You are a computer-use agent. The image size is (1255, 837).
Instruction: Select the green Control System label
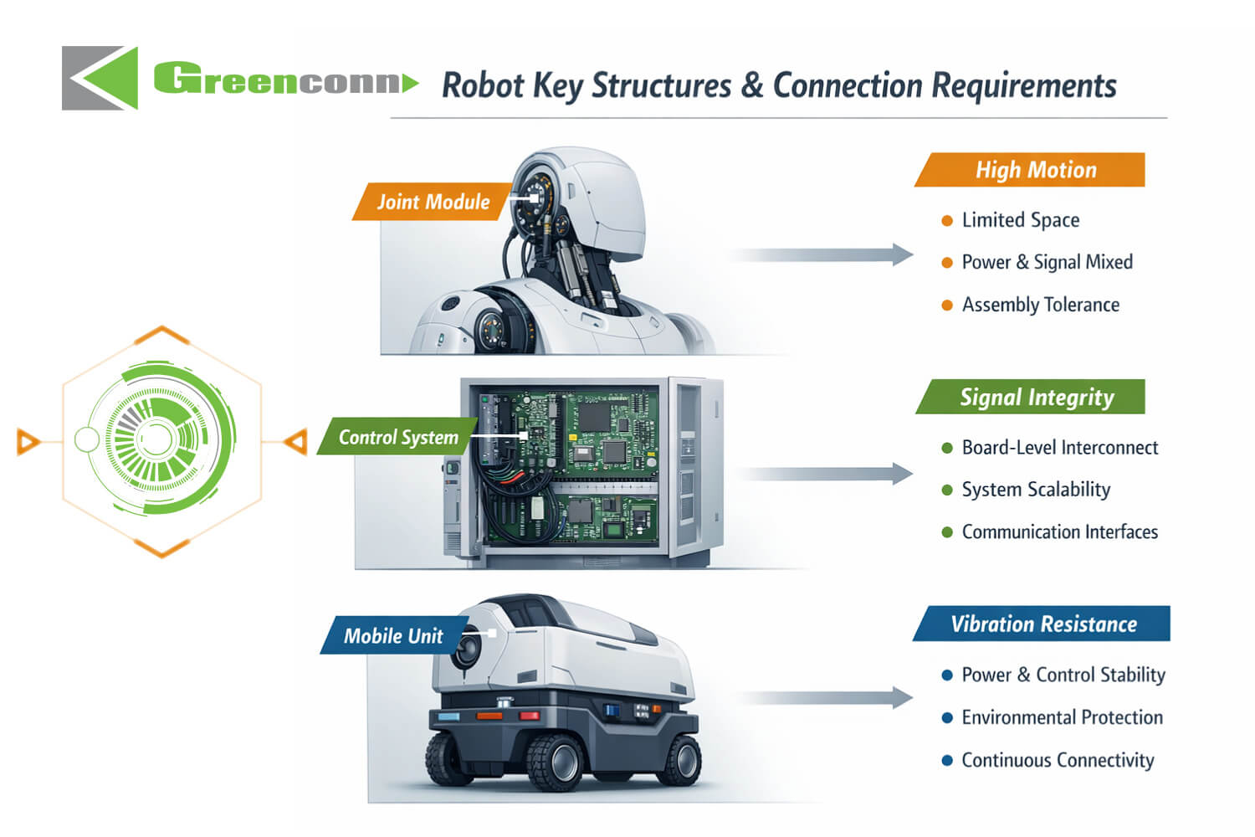click(397, 437)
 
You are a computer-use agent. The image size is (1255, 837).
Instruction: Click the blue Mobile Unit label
click(392, 636)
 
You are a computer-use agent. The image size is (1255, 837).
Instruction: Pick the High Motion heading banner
click(1034, 170)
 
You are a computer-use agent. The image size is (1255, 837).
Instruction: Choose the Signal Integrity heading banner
click(1036, 397)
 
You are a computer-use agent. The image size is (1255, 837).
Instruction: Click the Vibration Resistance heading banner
click(1042, 624)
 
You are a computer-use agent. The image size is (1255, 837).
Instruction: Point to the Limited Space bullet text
click(1020, 220)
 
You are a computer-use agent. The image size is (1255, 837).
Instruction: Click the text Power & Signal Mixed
click(1047, 262)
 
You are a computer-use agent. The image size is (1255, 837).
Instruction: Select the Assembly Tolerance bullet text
click(1040, 305)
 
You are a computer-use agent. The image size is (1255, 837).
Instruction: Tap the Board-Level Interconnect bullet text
click(1059, 448)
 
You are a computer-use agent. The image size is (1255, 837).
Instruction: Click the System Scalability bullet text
click(1036, 490)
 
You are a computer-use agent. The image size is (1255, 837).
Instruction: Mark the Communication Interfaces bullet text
click(1059, 532)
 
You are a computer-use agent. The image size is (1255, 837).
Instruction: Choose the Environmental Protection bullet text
click(1062, 717)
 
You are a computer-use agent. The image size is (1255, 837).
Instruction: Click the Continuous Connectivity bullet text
click(1058, 760)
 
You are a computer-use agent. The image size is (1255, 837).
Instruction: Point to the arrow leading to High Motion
click(824, 255)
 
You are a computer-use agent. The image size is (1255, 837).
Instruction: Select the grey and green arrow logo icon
click(100, 78)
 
